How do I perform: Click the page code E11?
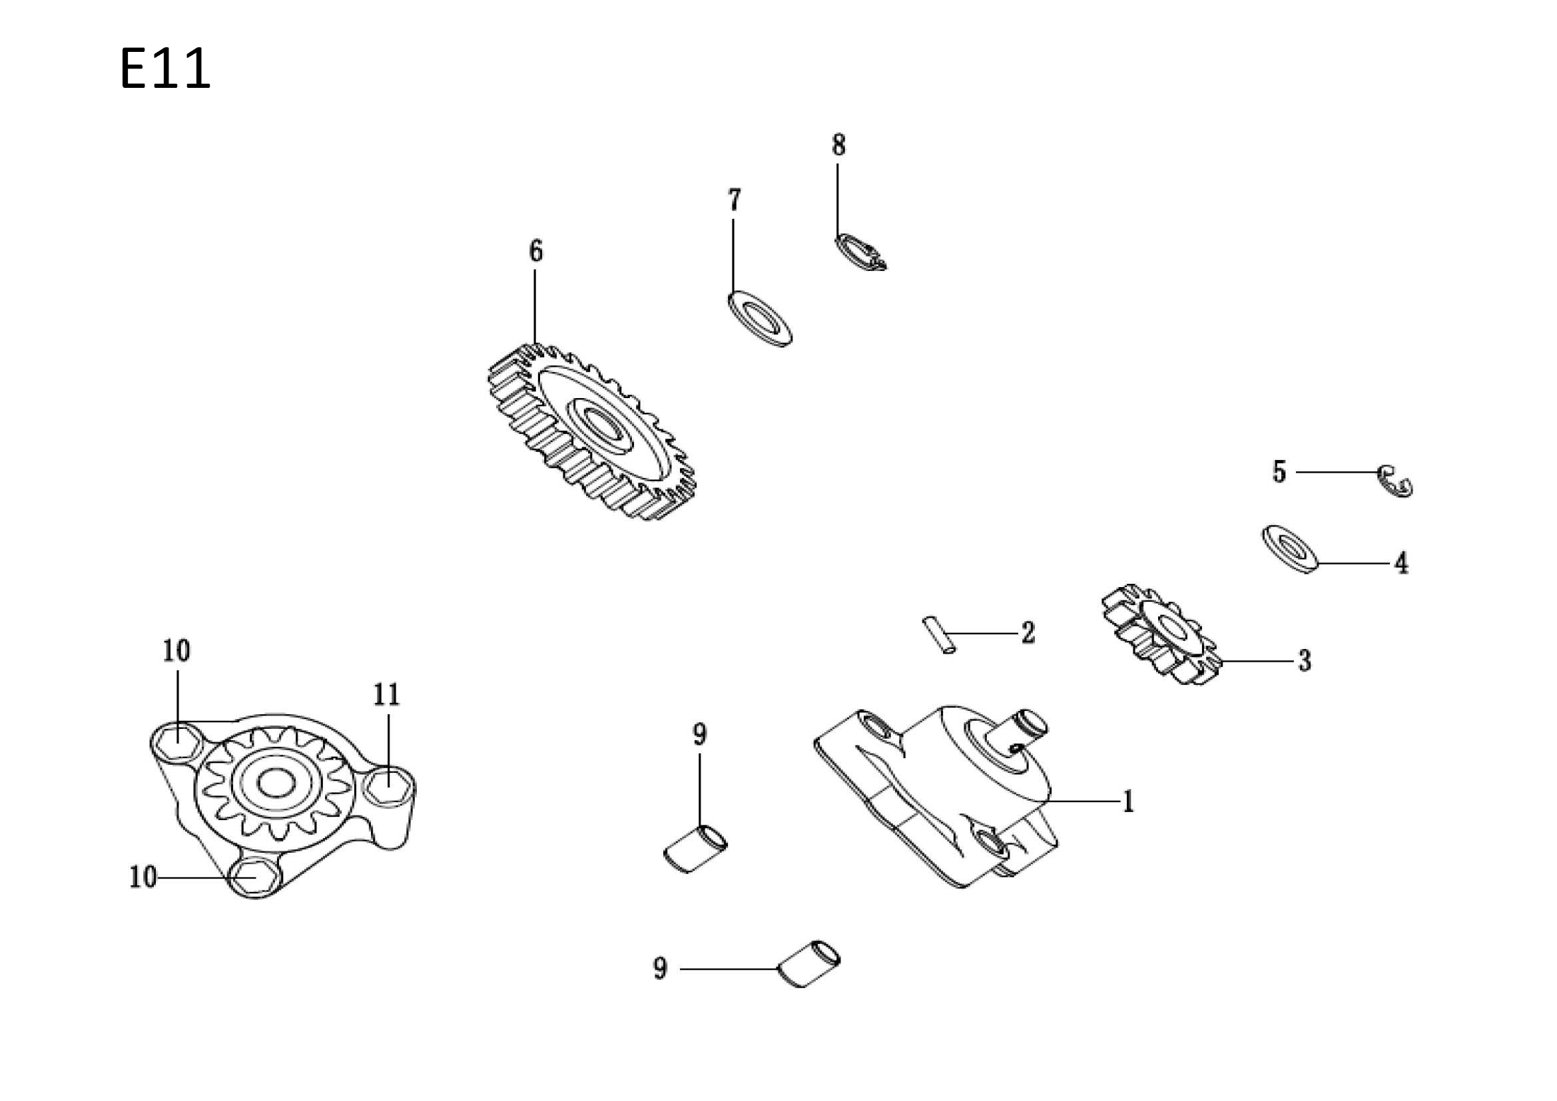tap(164, 69)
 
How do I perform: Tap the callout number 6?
tap(535, 251)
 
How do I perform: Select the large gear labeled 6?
tap(591, 431)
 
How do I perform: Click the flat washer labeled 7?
tap(759, 318)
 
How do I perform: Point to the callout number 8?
tap(839, 145)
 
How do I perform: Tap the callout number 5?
tap(1279, 472)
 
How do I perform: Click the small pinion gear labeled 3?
tap(1161, 634)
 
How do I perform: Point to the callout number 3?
tap(1305, 660)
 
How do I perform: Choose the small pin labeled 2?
tap(938, 635)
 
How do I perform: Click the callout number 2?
tap(1028, 632)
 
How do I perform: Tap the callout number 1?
tap(1127, 801)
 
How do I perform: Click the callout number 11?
tap(386, 694)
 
